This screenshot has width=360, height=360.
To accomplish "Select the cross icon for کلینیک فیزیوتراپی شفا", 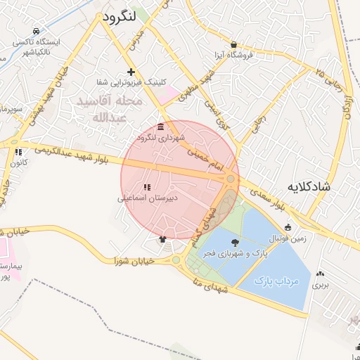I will [131, 72].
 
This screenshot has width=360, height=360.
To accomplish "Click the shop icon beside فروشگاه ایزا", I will [233, 44].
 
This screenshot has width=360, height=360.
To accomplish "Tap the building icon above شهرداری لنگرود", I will [162, 127].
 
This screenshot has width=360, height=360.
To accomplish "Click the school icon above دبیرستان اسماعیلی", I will [147, 188].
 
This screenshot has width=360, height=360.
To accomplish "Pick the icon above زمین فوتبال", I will [288, 227].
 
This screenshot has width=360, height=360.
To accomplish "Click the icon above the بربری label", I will [321, 274].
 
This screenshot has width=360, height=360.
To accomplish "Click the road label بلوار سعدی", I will [268, 197].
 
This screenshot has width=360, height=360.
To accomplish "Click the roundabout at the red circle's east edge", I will [231, 180].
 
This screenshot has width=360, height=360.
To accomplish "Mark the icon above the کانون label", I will [19, 151].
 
